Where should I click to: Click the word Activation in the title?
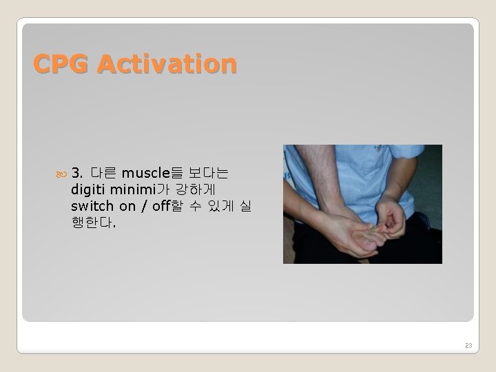click(x=167, y=64)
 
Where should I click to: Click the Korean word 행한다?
click(x=92, y=223)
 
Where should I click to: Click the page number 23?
click(x=468, y=345)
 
